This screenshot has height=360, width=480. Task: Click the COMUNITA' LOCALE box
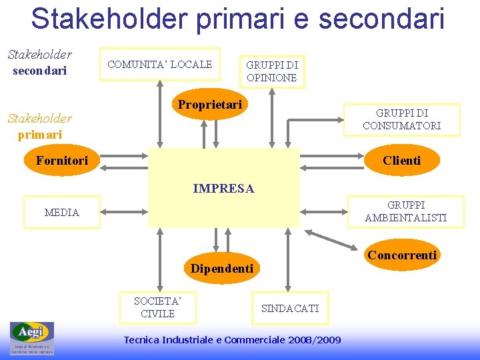coord(160,64)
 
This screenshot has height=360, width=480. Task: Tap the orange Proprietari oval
coord(209,105)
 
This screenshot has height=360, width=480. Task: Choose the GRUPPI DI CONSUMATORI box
coord(401,119)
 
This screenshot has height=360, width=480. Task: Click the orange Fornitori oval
coord(62,161)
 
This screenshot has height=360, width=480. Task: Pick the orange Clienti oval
coord(401,161)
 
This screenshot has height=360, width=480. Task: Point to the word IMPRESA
coord(223,189)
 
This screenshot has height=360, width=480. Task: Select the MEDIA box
coord(61,213)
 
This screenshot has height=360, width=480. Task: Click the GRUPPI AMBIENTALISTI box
coord(405,211)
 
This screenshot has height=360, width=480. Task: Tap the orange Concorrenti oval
coord(402,255)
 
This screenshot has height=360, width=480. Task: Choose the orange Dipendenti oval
coord(222,269)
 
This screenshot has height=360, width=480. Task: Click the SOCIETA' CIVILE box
coord(157,307)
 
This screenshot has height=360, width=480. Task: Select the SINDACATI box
coord(290,308)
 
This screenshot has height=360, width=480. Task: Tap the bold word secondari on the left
coord(40,70)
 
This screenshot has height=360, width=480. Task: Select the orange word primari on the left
coord(40,134)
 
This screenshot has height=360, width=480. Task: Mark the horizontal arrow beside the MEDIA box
coord(123,213)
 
